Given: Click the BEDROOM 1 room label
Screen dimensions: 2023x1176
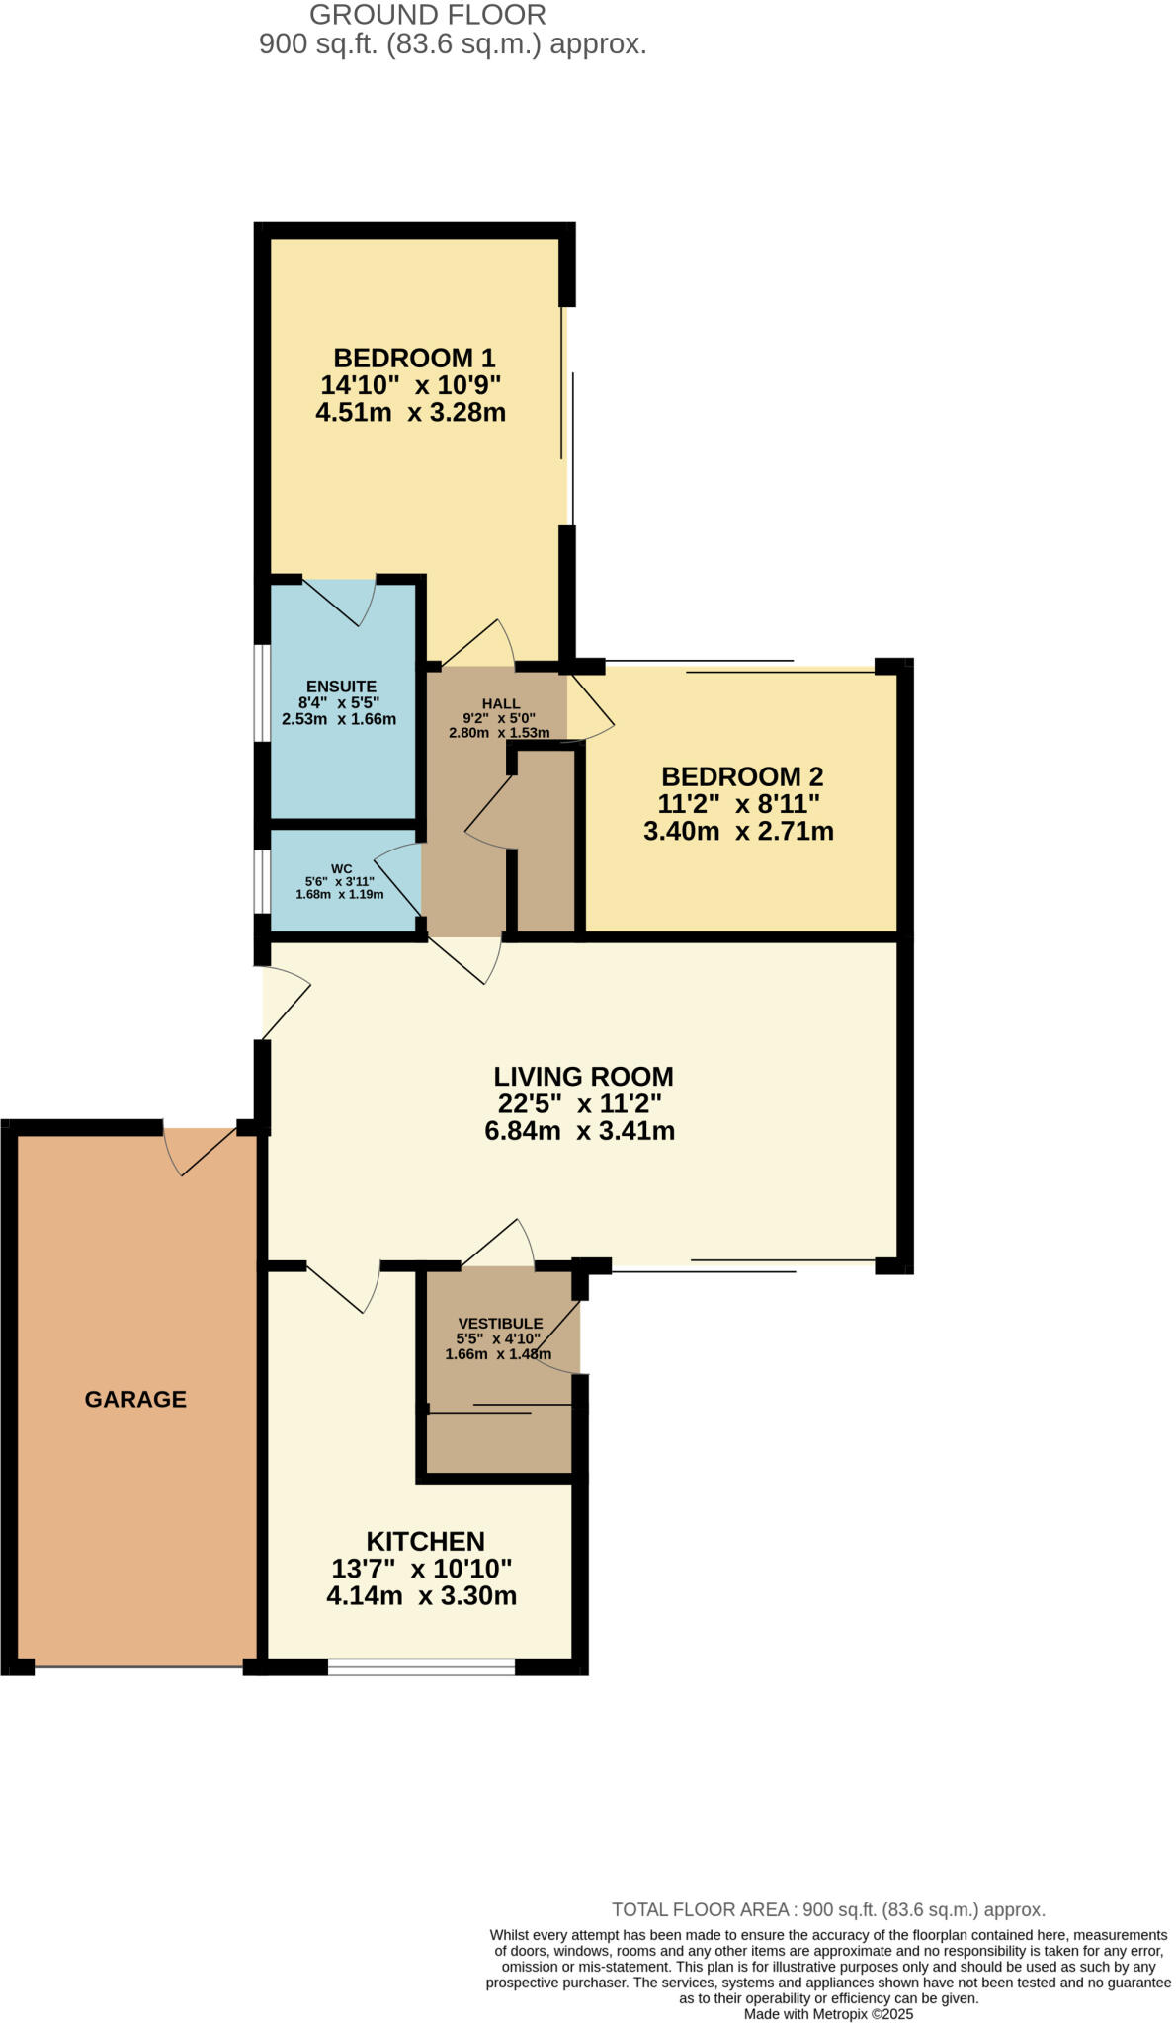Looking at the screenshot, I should (413, 358).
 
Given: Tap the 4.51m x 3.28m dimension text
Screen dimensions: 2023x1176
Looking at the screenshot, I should (410, 413).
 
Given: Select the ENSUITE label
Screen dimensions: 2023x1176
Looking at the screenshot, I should (341, 687).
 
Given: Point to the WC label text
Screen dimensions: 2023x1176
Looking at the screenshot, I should (341, 869).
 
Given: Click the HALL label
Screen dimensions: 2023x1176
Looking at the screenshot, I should (501, 703).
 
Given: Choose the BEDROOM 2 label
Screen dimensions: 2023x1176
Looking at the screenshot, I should (741, 776).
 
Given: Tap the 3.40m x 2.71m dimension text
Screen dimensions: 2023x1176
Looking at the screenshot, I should (738, 832).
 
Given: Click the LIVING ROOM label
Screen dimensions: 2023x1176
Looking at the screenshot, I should (583, 1077).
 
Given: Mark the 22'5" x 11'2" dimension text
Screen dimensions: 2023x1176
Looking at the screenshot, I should (579, 1103).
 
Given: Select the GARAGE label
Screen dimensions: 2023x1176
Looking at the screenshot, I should (135, 1399).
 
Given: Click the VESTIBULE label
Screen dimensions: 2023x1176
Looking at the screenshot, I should (500, 1323).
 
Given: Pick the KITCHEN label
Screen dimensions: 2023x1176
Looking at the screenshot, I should (425, 1541).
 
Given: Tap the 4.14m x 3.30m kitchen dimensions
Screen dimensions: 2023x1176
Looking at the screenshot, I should (421, 1595).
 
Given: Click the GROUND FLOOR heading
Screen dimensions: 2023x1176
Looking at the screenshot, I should (427, 15).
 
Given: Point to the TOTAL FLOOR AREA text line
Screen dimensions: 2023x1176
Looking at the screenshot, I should (828, 1909).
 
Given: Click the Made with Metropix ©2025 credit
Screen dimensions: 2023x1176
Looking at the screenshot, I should (828, 2013).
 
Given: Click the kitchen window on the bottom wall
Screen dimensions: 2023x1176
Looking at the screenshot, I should (421, 1666).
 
